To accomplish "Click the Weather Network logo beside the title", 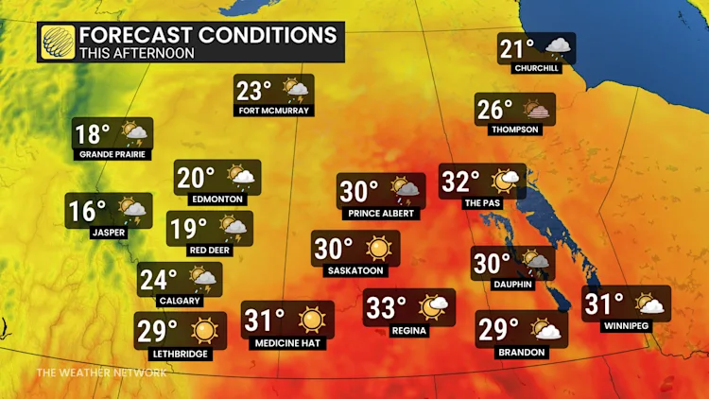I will (58, 43).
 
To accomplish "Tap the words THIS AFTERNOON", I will (137, 54).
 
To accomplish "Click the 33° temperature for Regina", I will (387, 308).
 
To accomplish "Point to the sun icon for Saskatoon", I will (379, 248).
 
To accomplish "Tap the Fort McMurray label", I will (275, 111).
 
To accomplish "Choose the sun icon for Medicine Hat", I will (311, 320).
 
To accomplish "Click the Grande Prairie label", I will (112, 155).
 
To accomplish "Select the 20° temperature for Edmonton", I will (197, 177).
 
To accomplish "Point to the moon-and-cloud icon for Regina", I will (435, 307).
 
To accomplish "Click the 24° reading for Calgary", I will (159, 280).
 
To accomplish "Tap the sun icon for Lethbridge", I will (203, 330).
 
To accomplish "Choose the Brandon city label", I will (521, 353).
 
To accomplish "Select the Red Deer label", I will (209, 250).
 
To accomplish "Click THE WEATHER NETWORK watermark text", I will (101, 373).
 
